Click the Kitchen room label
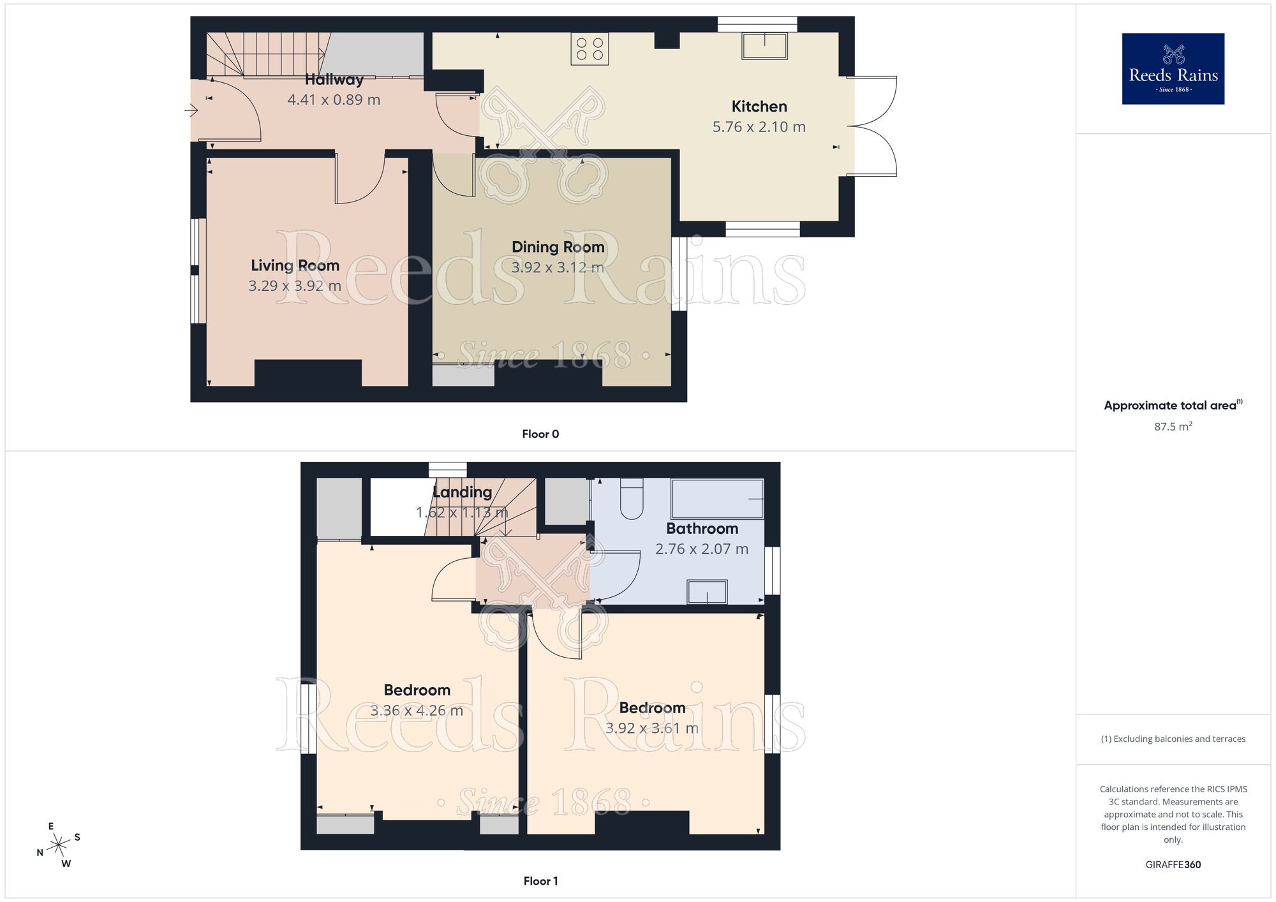(x=759, y=107)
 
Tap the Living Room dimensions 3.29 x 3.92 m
(x=295, y=286)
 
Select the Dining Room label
(x=558, y=247)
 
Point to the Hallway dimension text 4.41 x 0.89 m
(x=334, y=100)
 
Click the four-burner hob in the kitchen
(x=590, y=49)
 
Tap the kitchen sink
(x=764, y=46)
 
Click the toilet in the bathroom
(x=632, y=499)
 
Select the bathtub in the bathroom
(x=717, y=498)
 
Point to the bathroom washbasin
(x=707, y=591)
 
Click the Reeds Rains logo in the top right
(x=1173, y=69)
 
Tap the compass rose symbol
(x=59, y=845)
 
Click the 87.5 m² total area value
(x=1173, y=426)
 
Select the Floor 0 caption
(x=540, y=434)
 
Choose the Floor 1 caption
(x=540, y=881)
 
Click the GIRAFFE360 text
(x=1173, y=864)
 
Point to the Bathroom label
(x=702, y=528)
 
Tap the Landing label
(x=462, y=492)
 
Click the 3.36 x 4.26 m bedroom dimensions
(x=417, y=710)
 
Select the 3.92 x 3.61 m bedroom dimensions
(x=651, y=728)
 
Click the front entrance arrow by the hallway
(x=191, y=111)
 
